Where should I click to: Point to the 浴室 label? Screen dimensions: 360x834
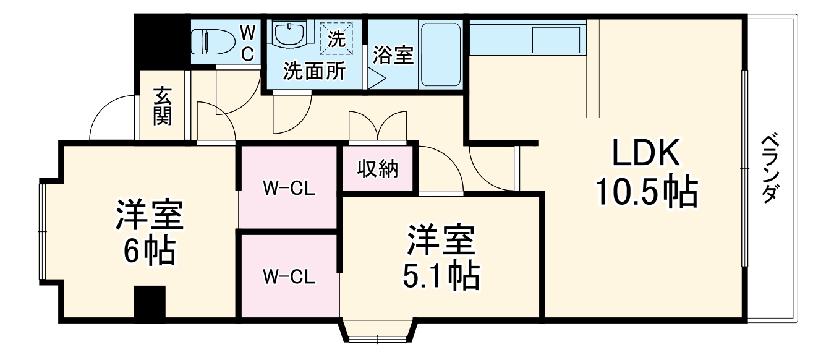[393, 55]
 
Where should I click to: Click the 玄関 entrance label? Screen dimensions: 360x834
[162, 106]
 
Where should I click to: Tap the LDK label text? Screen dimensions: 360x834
[646, 153]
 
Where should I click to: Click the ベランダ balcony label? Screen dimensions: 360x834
[768, 167]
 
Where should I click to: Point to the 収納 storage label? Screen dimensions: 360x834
[378, 168]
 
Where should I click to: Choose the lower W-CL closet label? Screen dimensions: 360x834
[289, 276]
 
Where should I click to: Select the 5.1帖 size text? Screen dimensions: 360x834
[441, 276]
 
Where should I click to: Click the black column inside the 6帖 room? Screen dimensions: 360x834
[150, 303]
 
